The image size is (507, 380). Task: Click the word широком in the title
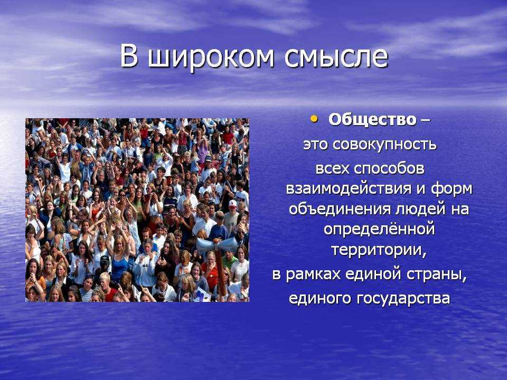pyautogui.click(x=211, y=58)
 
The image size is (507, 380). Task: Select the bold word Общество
pyautogui.click(x=372, y=120)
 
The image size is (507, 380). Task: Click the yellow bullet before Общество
pyautogui.click(x=313, y=119)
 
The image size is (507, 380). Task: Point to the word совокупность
pyautogui.click(x=384, y=145)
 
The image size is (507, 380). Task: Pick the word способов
pyautogui.click(x=389, y=169)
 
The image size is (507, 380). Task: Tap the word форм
pyautogui.click(x=452, y=189)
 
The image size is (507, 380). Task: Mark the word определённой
pyautogui.click(x=379, y=230)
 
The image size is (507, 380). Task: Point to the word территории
pyautogui.click(x=379, y=250)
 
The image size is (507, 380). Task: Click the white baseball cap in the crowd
pyautogui.click(x=233, y=204)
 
